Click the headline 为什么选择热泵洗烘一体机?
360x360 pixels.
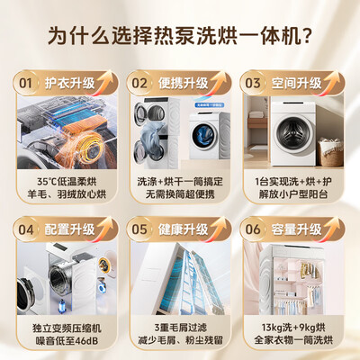pyautogui.click(x=180, y=37)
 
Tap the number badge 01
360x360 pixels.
pyautogui.click(x=29, y=83)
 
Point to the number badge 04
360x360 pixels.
pyautogui.click(x=29, y=230)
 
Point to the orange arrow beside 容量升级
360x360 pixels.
pyautogui.click(x=337, y=230)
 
